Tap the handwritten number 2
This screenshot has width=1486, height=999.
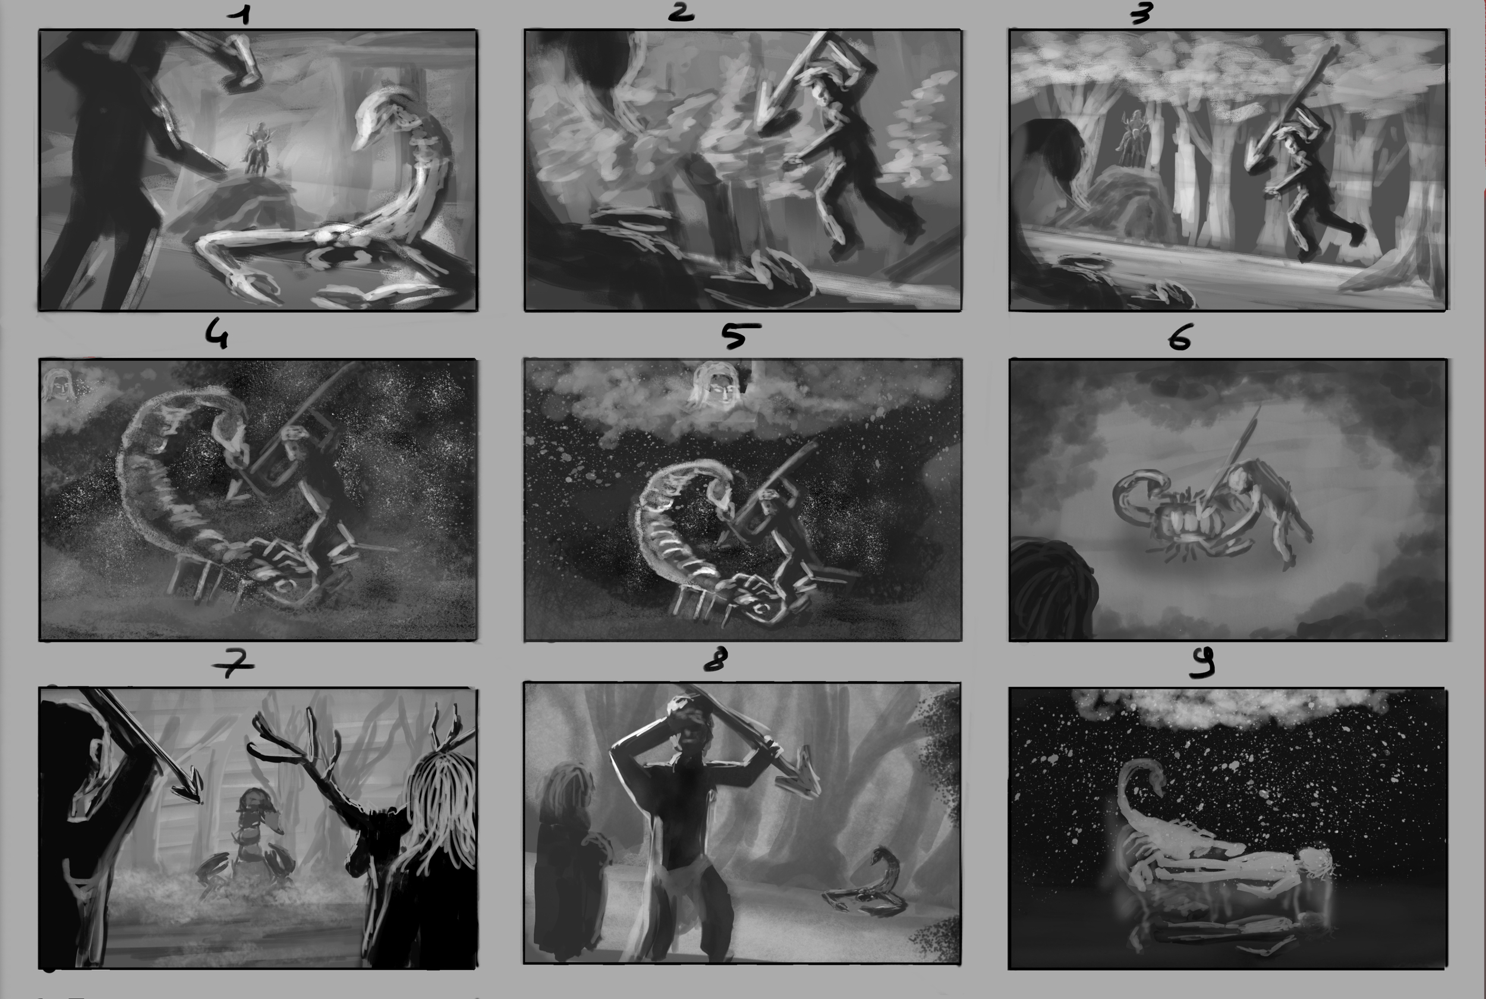click(x=681, y=12)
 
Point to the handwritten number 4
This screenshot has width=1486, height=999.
click(x=216, y=334)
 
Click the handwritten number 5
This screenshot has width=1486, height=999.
click(x=739, y=335)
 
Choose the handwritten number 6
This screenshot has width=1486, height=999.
click(x=1179, y=337)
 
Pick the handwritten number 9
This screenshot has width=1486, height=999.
click(x=1202, y=663)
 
